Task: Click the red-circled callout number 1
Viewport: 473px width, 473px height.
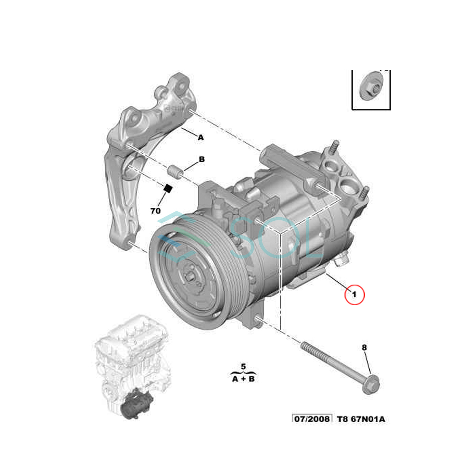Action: (354, 294)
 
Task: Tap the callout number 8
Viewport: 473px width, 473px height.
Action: (364, 347)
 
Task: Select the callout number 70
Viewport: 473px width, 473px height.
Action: (156, 211)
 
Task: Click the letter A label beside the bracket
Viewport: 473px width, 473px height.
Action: (201, 138)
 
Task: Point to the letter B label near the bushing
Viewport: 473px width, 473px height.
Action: (201, 160)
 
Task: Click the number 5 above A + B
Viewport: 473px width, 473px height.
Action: (243, 367)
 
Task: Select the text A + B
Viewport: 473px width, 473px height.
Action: (243, 379)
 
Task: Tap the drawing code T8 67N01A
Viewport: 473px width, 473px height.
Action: (361, 419)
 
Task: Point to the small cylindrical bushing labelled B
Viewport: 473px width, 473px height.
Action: (174, 172)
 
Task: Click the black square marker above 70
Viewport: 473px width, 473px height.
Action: (168, 188)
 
